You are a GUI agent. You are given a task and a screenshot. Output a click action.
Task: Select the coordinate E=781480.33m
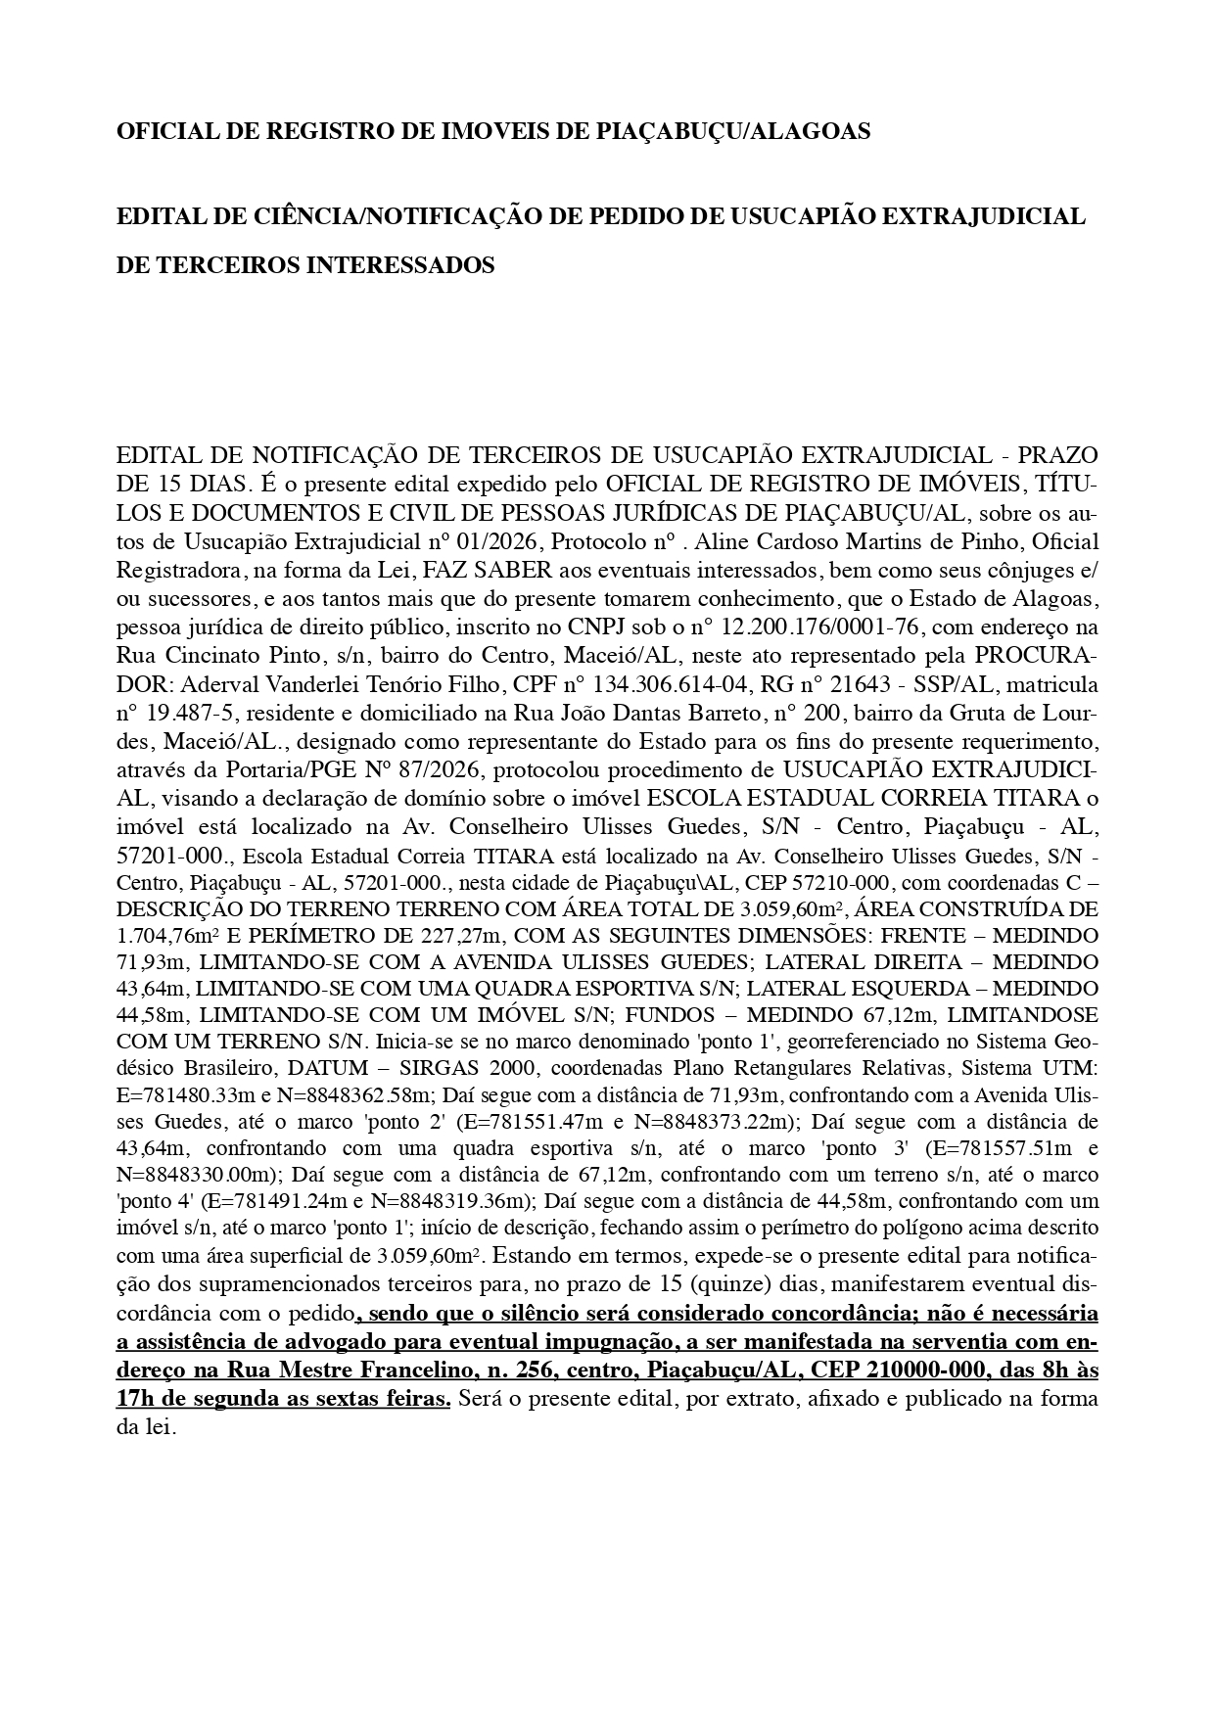point(186,1094)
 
